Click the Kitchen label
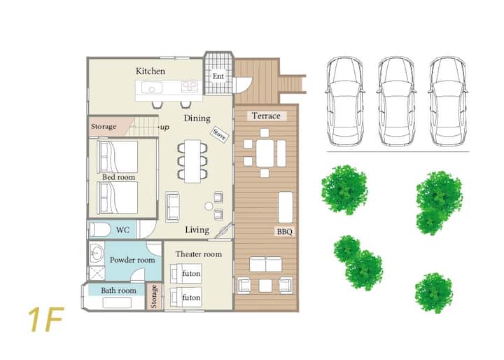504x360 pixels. point(150,71)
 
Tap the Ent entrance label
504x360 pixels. point(218,76)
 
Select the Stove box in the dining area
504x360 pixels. point(220,134)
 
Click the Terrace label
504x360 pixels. point(266,116)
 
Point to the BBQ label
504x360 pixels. point(285,232)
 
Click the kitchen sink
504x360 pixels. point(152,88)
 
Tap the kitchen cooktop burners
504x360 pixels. point(189,86)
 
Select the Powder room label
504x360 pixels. point(132,260)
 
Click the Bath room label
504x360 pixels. point(118,291)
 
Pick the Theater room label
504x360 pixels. point(199,254)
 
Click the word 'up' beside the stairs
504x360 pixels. point(164,127)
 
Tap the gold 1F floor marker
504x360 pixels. point(46,319)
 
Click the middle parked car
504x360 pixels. point(396,102)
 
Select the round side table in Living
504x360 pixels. point(209,206)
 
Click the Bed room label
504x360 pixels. point(118,177)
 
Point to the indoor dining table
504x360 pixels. point(192,161)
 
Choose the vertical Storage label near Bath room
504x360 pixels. point(154,296)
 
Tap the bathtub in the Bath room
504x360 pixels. point(117,303)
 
